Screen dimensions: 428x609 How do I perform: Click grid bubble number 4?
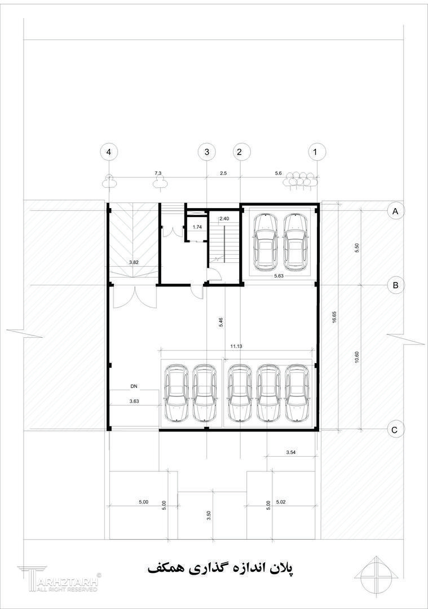(109, 152)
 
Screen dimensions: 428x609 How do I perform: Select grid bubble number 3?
(206, 152)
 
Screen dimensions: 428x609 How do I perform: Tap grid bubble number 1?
(315, 152)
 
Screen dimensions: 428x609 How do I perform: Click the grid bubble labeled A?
(396, 211)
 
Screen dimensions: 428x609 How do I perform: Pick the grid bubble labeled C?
(395, 430)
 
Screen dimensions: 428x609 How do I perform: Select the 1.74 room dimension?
(197, 227)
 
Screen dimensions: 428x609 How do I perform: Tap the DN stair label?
(134, 386)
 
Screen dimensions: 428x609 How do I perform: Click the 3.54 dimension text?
(291, 452)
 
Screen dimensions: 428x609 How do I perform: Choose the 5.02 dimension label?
(281, 502)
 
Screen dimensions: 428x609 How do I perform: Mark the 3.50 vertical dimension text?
(209, 515)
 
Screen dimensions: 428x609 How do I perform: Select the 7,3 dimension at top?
(158, 173)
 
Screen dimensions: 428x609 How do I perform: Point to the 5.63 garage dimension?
(279, 276)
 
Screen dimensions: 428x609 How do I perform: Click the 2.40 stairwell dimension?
(224, 219)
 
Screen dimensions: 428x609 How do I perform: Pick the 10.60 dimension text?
(357, 358)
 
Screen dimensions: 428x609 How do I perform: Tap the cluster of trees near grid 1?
(299, 180)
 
